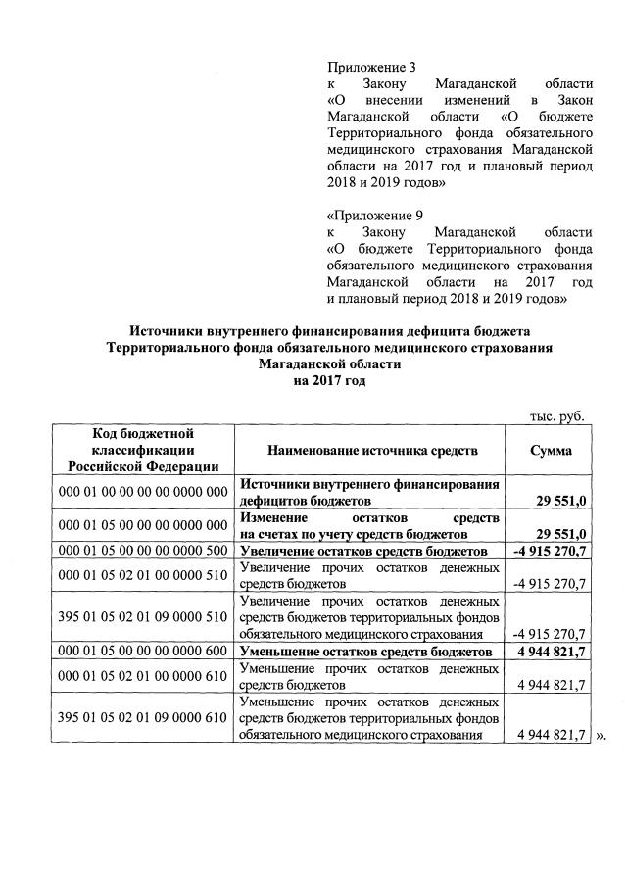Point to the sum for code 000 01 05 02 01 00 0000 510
coord(550,585)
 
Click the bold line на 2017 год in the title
coord(330,381)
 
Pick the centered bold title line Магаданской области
coord(330,364)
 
